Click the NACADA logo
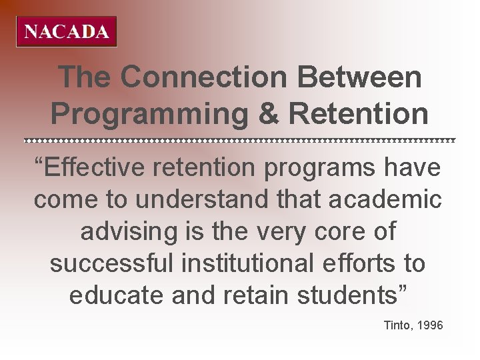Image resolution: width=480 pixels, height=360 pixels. [x=67, y=32]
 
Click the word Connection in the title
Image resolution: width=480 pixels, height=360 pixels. [x=204, y=78]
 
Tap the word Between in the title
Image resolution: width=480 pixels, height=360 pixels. [x=360, y=78]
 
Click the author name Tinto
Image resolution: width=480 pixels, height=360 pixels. [x=398, y=326]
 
